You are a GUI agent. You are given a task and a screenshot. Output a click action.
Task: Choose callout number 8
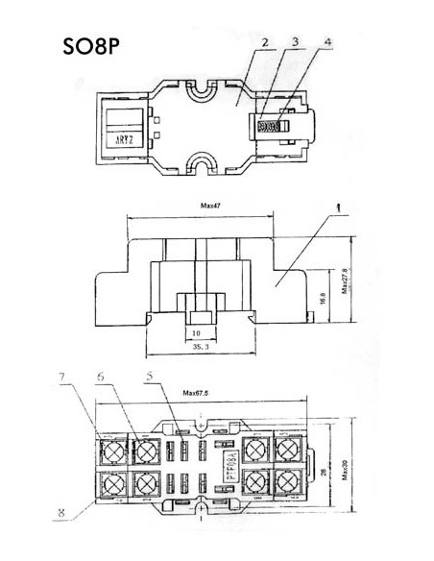pyautogui.click(x=61, y=514)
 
